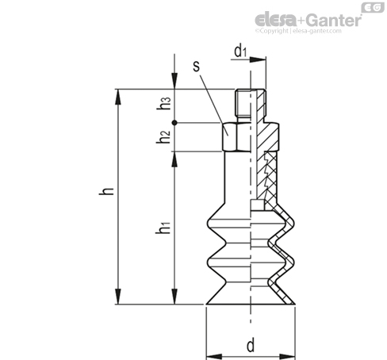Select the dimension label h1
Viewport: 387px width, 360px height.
[163, 228]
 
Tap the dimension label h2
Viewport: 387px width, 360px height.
[163, 137]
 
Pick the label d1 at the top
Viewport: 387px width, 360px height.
[240, 51]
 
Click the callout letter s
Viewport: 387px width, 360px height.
[197, 66]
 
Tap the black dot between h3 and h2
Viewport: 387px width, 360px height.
[174, 123]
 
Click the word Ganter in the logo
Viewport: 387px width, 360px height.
[335, 20]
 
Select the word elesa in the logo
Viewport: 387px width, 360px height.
[276, 19]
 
